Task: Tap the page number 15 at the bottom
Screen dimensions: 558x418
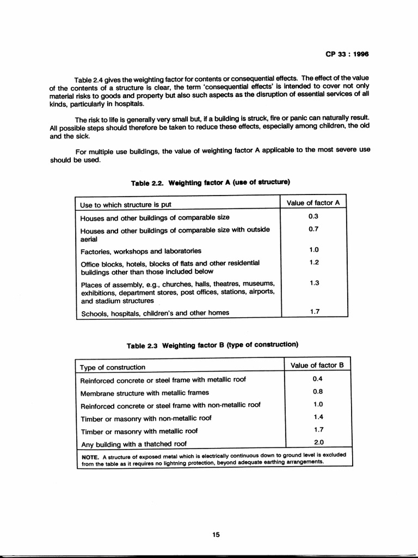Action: (216, 535)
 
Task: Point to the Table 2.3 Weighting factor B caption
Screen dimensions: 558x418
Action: (212, 345)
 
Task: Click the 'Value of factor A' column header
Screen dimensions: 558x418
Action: (313, 203)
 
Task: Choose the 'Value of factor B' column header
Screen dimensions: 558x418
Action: (317, 365)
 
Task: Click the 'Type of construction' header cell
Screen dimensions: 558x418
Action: (113, 367)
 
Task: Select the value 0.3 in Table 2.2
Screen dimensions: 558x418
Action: (313, 216)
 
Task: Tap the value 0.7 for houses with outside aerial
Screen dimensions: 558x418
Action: (313, 229)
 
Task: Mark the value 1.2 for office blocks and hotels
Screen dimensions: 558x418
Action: (313, 262)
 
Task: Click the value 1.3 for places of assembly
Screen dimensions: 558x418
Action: (313, 283)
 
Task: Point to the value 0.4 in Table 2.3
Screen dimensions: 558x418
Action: (318, 379)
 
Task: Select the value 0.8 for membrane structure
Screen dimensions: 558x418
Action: (318, 392)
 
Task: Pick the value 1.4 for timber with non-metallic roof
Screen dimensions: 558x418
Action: (318, 417)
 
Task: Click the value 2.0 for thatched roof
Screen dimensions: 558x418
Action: (318, 442)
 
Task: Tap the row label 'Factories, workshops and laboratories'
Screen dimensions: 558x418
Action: (140, 251)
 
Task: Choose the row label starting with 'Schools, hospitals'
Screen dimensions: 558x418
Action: (155, 313)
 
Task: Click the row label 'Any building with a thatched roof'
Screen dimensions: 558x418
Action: (133, 444)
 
